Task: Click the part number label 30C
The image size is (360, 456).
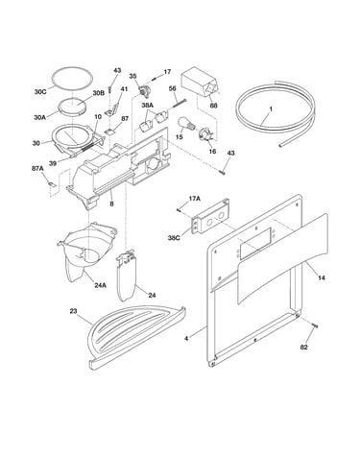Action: click(x=40, y=92)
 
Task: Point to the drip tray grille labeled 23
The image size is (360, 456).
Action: click(x=135, y=335)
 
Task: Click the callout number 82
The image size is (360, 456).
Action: click(x=304, y=348)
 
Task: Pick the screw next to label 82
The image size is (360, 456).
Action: click(x=315, y=325)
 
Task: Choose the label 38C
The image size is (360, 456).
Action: click(x=174, y=238)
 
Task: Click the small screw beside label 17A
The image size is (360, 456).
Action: click(x=179, y=210)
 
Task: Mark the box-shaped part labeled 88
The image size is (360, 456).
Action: click(x=201, y=82)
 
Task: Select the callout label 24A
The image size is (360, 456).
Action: click(x=100, y=284)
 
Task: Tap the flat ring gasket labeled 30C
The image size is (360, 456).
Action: click(x=73, y=77)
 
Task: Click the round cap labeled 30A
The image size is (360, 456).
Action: click(x=72, y=107)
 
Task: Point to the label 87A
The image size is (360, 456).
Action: click(x=37, y=169)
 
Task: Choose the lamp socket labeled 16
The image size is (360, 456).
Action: click(x=206, y=134)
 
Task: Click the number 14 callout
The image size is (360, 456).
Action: click(x=322, y=277)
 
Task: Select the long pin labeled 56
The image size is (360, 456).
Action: click(x=180, y=105)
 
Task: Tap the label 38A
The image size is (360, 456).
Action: click(x=148, y=105)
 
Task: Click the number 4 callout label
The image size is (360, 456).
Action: click(x=186, y=338)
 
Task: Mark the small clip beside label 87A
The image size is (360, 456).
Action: click(x=52, y=183)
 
